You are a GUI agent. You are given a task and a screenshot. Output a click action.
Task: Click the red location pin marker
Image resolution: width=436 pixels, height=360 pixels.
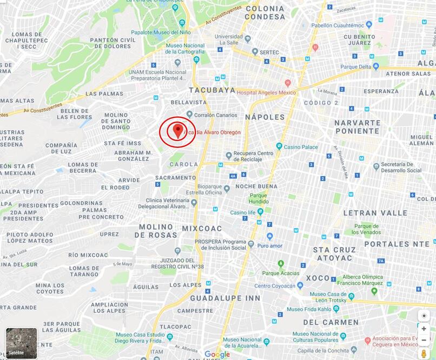(176, 131)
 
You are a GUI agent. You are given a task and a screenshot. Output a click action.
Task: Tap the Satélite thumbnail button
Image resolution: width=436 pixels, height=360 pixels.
(22, 343)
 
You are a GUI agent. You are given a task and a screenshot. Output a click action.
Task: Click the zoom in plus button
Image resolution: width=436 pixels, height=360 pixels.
(424, 328)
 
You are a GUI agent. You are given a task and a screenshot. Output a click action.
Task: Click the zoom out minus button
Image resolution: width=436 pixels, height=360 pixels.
(424, 340)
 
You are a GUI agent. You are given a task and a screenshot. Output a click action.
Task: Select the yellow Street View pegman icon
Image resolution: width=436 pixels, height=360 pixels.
(424, 353)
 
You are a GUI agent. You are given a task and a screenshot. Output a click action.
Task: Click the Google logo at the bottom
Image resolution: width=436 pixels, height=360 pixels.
(217, 355)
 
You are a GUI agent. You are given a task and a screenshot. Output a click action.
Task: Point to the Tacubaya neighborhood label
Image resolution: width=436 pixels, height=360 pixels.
(212, 90)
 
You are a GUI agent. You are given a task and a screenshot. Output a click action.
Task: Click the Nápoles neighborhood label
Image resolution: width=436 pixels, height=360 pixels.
(265, 117)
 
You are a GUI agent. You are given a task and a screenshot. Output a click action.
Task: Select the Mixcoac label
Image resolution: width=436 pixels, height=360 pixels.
(202, 228)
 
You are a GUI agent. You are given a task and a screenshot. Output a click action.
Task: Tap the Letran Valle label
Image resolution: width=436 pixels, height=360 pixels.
(375, 213)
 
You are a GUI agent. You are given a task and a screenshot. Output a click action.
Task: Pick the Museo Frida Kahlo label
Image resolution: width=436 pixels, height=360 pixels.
(311, 309)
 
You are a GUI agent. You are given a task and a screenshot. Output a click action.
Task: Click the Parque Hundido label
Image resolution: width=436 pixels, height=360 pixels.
(259, 198)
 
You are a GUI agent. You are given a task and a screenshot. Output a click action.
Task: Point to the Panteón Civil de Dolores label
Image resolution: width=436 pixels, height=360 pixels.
(113, 43)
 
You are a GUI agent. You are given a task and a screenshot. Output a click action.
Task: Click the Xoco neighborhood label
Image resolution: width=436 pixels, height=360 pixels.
(318, 278)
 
